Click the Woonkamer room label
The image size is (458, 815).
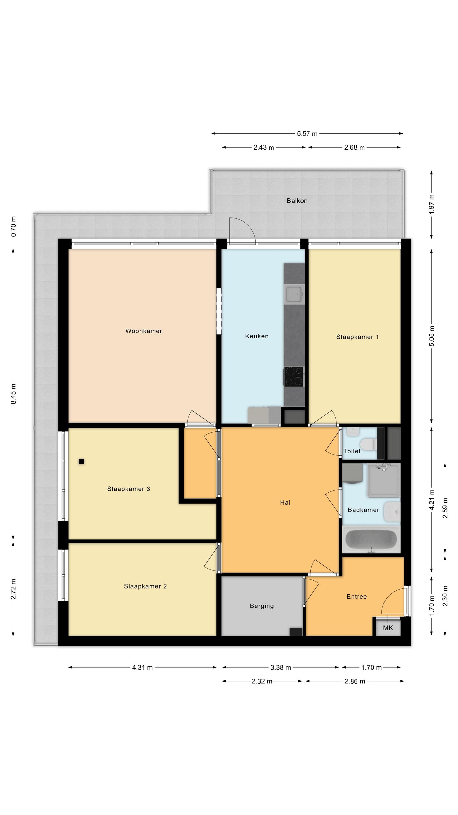click(144, 331)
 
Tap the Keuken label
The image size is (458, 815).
click(257, 336)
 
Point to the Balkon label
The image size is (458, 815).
click(297, 200)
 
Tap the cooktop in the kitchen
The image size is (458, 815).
click(294, 377)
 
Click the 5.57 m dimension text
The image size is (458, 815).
click(307, 133)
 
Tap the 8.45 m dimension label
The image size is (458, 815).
click(14, 394)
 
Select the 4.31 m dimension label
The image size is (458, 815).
click(142, 667)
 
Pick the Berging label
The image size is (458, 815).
click(262, 606)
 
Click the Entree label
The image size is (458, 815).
click(357, 597)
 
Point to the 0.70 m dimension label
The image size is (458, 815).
click(14, 227)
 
